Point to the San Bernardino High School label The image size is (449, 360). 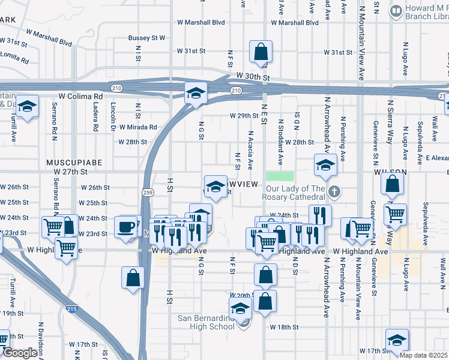click(206, 322)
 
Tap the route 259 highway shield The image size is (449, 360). click(148, 192)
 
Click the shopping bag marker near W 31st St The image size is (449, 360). click(261, 53)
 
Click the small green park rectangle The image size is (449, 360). click(280, 176)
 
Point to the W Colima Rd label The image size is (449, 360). click(82, 96)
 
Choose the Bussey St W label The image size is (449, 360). click(146, 38)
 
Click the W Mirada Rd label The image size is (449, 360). click(137, 127)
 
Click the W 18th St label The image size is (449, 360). click(284, 327)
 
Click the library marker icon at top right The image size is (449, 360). click(396, 10)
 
